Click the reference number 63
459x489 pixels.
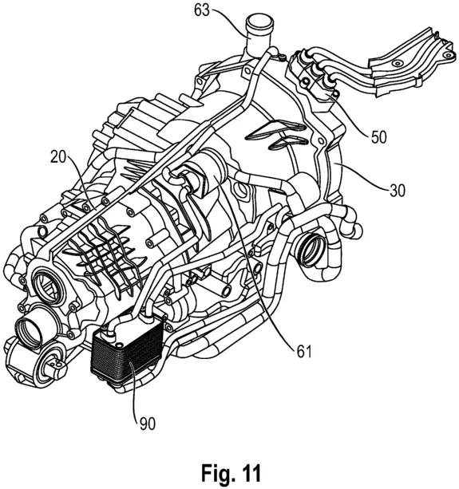pos(202,10)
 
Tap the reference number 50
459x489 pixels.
pos(379,136)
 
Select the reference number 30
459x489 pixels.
pos(398,191)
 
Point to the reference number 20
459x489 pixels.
pos(58,157)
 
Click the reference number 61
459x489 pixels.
pos(304,352)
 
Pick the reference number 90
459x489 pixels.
pos(148,424)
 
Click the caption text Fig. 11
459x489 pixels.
pos(231,473)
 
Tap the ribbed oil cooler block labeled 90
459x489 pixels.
pos(127,351)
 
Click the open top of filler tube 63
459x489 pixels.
pos(260,22)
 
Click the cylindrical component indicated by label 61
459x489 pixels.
pos(204,175)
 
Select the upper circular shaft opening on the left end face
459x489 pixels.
pos(49,286)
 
